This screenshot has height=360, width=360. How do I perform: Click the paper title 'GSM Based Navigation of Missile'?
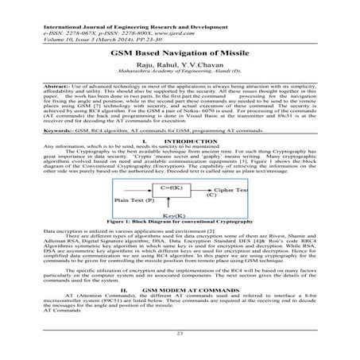[x=180, y=48]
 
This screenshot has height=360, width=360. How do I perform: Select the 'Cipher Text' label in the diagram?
[x=232, y=192]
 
